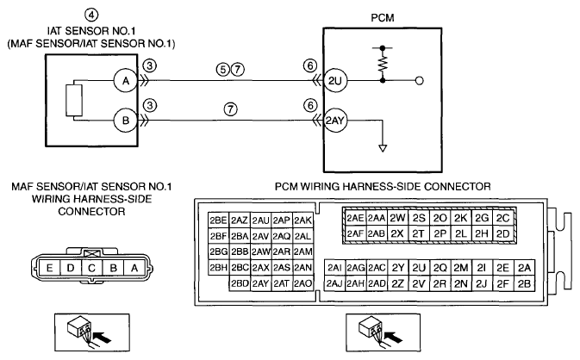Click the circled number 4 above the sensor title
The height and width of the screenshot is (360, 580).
91,15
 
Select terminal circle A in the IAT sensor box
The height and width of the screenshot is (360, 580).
126,81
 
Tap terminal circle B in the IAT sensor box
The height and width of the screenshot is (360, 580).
126,121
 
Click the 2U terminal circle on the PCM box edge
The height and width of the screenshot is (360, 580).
335,81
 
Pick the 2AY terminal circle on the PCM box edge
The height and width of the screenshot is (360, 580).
335,121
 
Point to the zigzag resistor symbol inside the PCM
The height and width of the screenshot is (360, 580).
383,63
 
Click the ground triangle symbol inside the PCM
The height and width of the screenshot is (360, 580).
383,148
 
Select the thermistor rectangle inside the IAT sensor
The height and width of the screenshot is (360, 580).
74,101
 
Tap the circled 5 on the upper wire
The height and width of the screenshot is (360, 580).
223,70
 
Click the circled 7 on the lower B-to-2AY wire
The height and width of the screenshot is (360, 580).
230,109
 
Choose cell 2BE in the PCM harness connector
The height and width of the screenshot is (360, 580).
219,220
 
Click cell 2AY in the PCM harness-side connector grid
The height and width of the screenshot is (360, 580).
260,283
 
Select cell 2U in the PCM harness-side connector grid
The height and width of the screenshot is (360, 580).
419,267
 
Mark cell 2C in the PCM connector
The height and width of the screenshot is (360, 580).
502,218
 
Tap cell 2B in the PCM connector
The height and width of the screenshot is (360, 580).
524,283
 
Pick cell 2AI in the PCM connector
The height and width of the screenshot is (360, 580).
334,267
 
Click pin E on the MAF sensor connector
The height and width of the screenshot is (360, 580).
49,268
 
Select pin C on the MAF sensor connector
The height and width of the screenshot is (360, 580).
91,268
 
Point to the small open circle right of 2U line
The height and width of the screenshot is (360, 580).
419,81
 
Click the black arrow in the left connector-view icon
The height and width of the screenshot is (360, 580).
102,337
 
